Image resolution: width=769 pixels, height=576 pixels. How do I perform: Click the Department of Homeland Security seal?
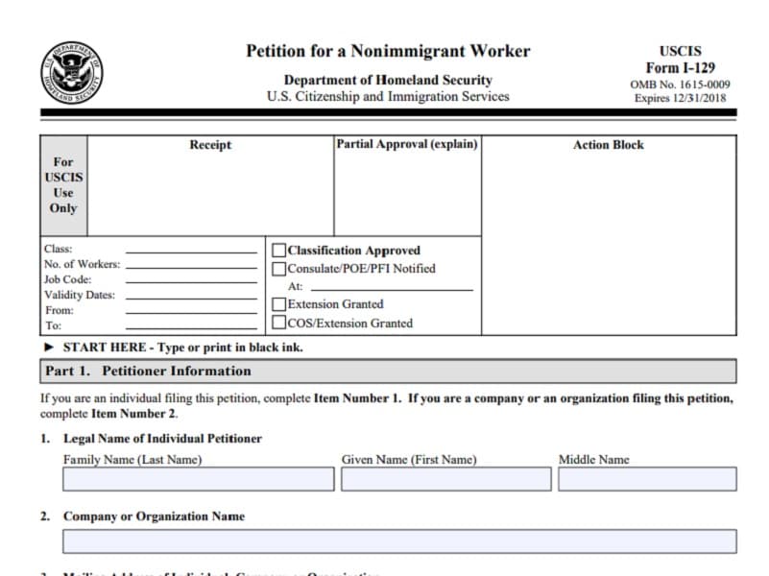(x=72, y=73)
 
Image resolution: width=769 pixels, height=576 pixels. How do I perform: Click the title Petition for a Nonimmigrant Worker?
(x=387, y=51)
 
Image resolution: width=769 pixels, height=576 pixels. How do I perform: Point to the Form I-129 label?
(x=680, y=68)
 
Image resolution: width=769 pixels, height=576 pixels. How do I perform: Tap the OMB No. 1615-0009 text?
(x=680, y=84)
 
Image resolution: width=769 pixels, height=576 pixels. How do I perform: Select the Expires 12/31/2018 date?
(x=680, y=98)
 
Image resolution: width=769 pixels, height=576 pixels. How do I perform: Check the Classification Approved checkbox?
(x=279, y=251)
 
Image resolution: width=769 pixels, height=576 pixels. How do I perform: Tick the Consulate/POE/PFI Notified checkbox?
(x=279, y=269)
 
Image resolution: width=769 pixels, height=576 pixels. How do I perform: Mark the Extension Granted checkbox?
(x=279, y=304)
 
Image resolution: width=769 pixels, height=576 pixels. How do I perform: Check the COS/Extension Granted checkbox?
(x=279, y=323)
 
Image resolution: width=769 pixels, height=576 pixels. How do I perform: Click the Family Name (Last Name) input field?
(x=198, y=479)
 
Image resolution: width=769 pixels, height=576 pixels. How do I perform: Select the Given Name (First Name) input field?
(x=445, y=479)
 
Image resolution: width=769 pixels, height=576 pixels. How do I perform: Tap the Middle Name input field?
(x=647, y=479)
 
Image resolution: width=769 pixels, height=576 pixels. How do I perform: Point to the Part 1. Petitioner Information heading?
(x=148, y=372)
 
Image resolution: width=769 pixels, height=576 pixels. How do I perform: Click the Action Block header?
(x=608, y=145)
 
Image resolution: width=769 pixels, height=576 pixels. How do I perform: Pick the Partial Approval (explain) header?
(x=406, y=144)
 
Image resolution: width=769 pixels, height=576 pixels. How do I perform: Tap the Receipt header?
(x=210, y=145)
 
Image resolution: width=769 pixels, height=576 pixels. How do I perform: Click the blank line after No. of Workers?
(x=191, y=266)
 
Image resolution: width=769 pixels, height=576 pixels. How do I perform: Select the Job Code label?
(x=68, y=279)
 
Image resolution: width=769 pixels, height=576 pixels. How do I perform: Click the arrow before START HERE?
(x=49, y=348)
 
